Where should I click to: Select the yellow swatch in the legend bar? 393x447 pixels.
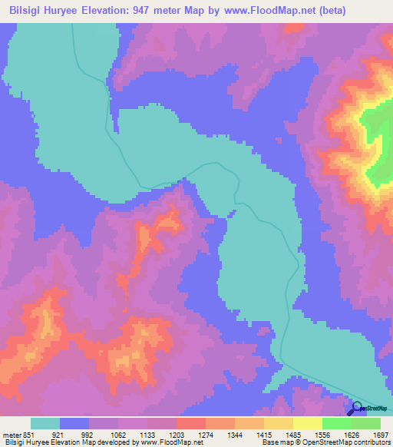pos(307,423)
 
